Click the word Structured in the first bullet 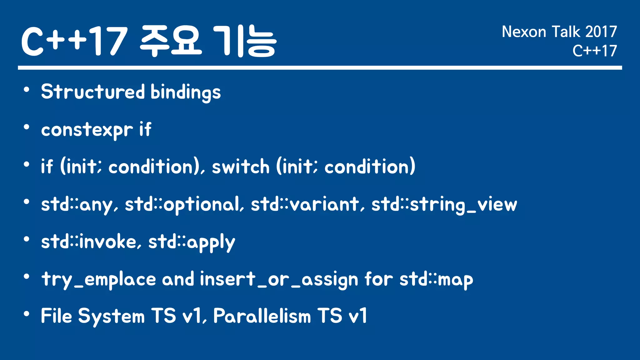[x=93, y=92]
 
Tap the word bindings [x=186, y=92]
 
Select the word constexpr [x=87, y=130]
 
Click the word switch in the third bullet [x=240, y=167]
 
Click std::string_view [x=444, y=205]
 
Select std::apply [x=191, y=242]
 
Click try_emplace [x=98, y=279]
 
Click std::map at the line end [x=436, y=279]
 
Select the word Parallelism [x=262, y=316]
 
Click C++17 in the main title [x=74, y=41]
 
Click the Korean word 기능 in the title [x=244, y=41]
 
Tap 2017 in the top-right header [x=601, y=32]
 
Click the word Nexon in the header [x=524, y=32]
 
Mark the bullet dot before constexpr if [x=27, y=127]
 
